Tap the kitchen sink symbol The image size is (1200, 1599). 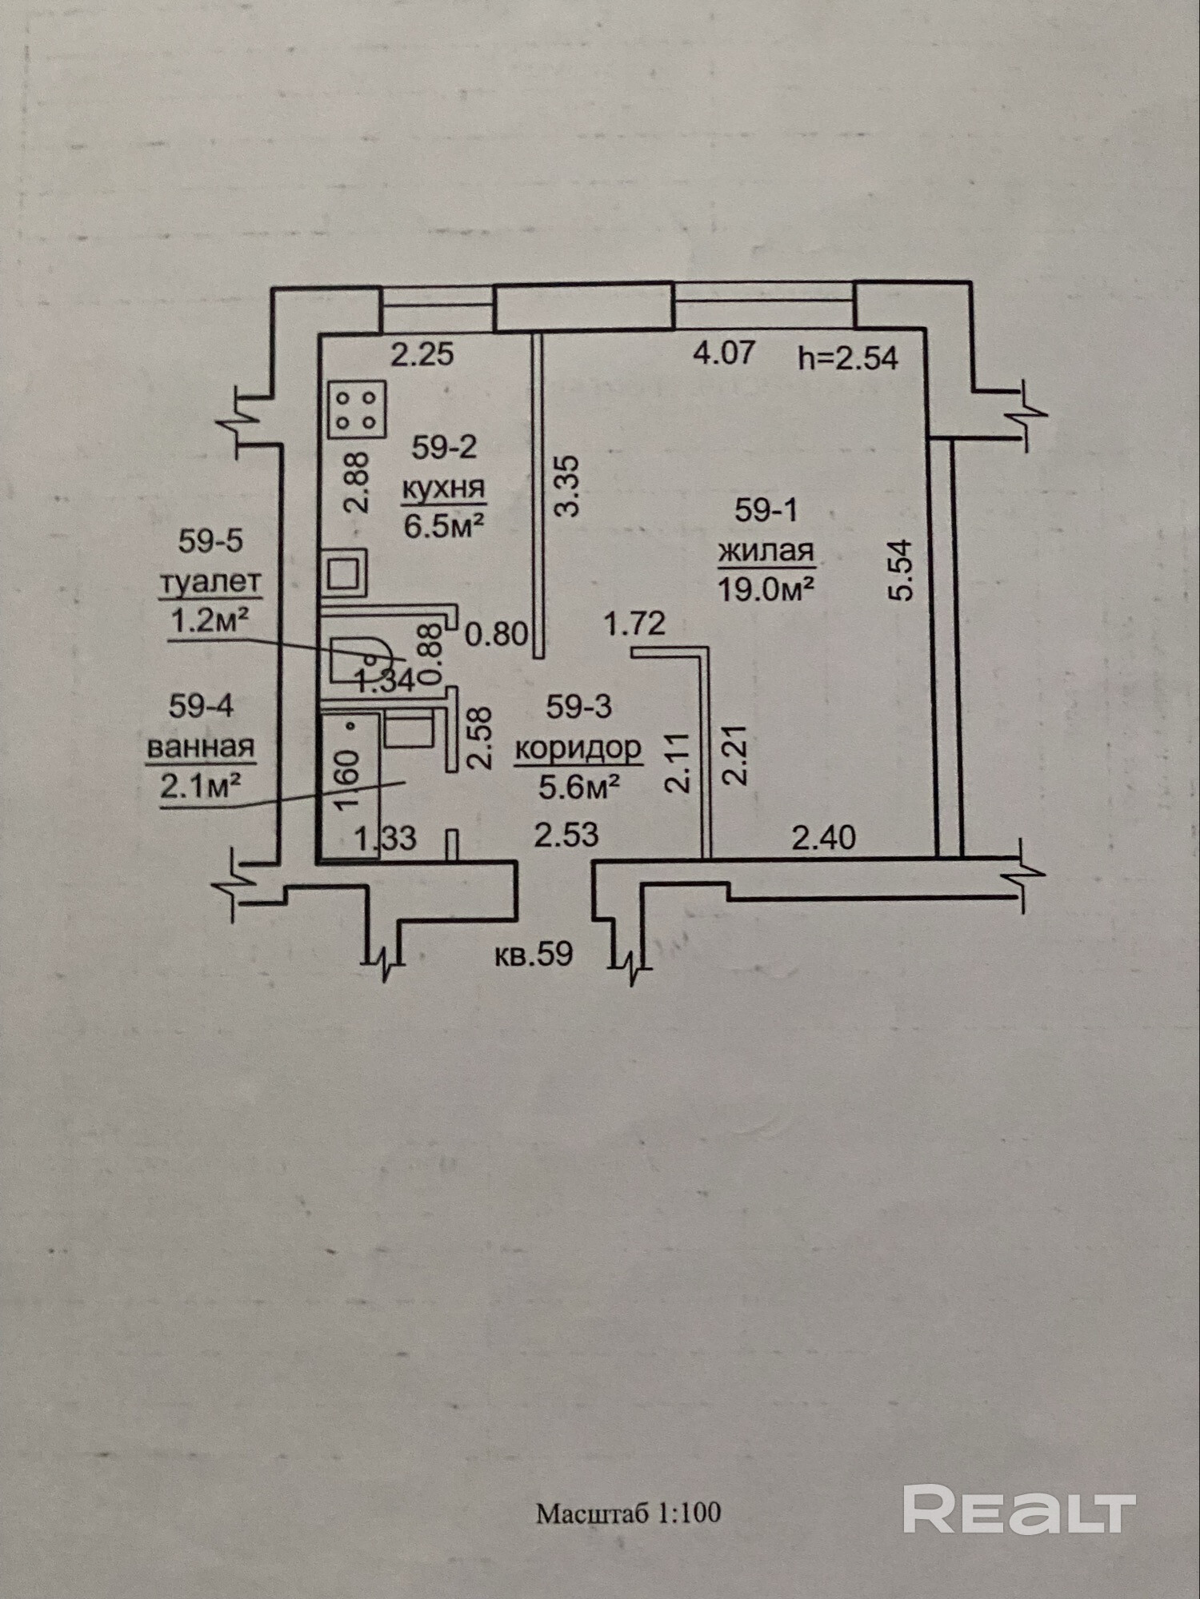click(x=344, y=572)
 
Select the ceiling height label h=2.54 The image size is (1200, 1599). click(x=848, y=357)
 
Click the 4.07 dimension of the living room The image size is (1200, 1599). click(x=724, y=352)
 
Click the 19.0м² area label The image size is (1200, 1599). click(x=766, y=589)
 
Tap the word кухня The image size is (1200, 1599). click(x=443, y=487)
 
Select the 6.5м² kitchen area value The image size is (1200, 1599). click(x=444, y=526)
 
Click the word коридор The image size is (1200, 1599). click(x=578, y=748)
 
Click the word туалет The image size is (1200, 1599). click(x=210, y=581)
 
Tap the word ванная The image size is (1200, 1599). click(x=201, y=747)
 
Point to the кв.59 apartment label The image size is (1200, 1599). click(x=534, y=954)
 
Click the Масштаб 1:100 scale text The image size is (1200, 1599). click(x=628, y=1513)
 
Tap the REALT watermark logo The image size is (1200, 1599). click(x=1019, y=1509)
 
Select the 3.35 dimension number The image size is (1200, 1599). click(x=567, y=486)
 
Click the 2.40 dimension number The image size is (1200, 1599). click(x=823, y=838)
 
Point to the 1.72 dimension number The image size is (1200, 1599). click(x=634, y=623)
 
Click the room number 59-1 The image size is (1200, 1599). click(x=766, y=510)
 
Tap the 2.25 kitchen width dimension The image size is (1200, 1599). click(x=422, y=353)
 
